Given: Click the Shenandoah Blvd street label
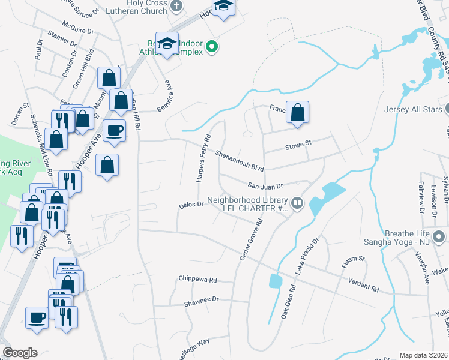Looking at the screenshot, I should tap(240, 160).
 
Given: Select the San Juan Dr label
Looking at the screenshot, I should tap(265, 187).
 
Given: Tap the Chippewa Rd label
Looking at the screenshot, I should tap(197, 280).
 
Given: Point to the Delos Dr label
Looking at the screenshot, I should tap(191, 205).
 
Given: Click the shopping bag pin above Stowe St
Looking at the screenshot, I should tap(297, 112).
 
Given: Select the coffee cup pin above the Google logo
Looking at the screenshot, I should tap(37, 317).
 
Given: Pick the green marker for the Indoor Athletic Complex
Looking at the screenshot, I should tap(211, 46).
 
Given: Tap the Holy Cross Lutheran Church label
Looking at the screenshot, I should tap(136, 7).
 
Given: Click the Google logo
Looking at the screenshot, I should tap(20, 353).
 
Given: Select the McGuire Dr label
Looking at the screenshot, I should tap(82, 30).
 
